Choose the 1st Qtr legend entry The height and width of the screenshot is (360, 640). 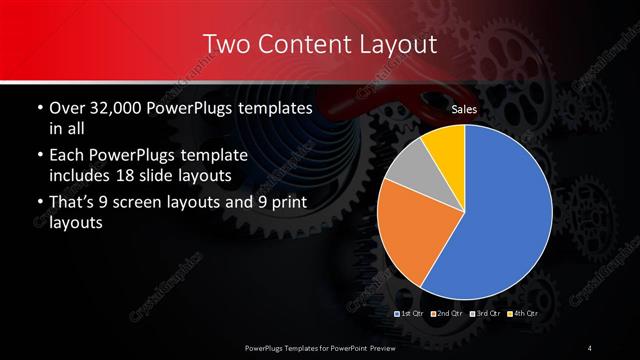[x=412, y=313]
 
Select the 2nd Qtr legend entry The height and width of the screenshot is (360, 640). [x=447, y=313]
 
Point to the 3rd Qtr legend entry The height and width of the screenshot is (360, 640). [x=483, y=313]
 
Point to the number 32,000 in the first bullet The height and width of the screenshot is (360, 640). [x=117, y=107]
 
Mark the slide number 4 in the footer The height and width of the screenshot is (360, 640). [x=590, y=347]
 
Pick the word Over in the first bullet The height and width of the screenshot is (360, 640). [x=66, y=107]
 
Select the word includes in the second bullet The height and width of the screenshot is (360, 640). [x=86, y=177]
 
